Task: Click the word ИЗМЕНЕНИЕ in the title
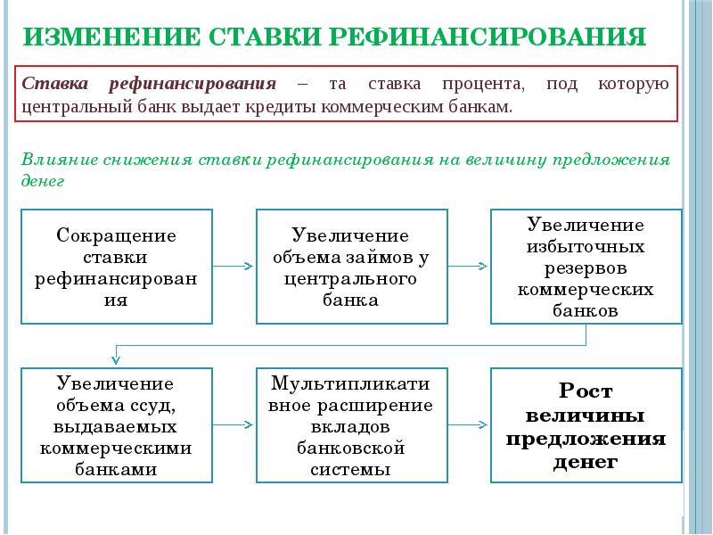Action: click(x=111, y=37)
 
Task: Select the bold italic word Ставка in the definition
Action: click(x=55, y=84)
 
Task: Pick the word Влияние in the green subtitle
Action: click(x=60, y=160)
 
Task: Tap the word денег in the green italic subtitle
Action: click(x=43, y=181)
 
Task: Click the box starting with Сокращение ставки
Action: click(x=117, y=267)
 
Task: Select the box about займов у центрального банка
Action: click(x=352, y=267)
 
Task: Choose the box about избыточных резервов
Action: click(x=586, y=267)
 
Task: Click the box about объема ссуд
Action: click(x=117, y=425)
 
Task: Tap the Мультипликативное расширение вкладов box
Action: click(x=352, y=425)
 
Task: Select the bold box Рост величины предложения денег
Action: click(x=586, y=425)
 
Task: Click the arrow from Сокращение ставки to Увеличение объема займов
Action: click(x=233, y=266)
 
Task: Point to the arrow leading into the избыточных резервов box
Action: click(x=468, y=266)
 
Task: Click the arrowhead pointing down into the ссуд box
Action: click(x=116, y=360)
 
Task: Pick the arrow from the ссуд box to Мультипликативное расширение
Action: click(x=233, y=425)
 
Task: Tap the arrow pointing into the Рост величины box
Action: click(x=468, y=425)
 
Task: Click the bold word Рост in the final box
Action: click(x=586, y=391)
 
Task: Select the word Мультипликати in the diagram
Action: click(x=350, y=383)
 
